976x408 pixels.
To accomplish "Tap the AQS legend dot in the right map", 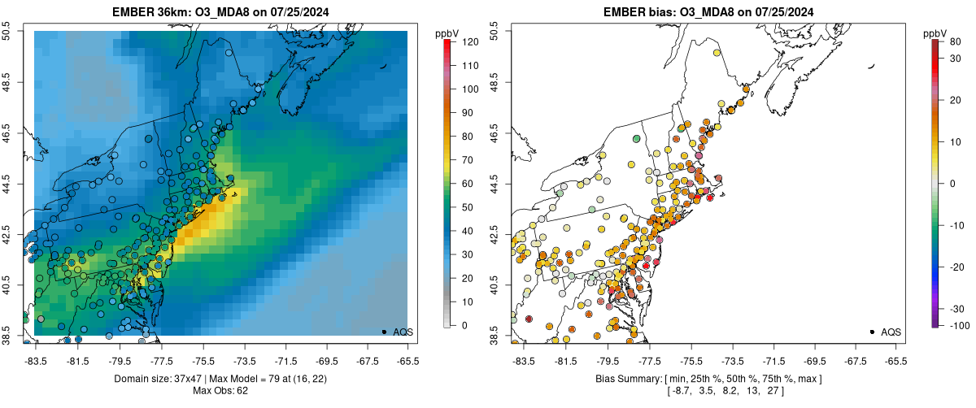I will [x=871, y=332].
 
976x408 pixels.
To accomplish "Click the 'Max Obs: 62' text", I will [x=220, y=392].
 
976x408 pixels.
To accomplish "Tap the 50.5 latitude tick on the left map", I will [x=10, y=31].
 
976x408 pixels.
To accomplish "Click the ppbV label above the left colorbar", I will [x=448, y=33].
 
